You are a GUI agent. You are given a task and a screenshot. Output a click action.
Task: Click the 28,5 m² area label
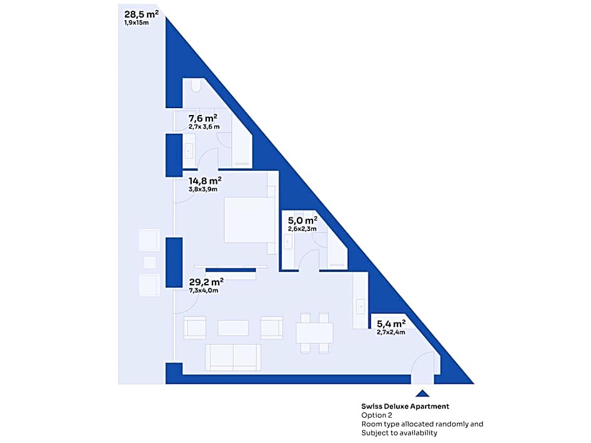141,14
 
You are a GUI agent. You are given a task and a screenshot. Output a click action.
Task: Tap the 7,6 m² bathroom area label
203,118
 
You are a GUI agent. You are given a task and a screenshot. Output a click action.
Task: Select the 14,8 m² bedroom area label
205,181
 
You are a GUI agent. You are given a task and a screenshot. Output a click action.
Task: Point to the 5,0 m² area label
302,221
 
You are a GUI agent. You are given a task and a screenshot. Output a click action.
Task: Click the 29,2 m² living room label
206,282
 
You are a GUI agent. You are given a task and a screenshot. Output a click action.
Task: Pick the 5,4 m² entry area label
391,324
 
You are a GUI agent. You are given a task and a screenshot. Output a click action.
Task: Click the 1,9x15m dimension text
136,23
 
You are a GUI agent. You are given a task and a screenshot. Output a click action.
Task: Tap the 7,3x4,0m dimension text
204,290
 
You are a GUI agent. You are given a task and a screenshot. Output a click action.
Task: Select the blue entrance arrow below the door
423,393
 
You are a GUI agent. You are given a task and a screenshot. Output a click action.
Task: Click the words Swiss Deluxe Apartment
405,407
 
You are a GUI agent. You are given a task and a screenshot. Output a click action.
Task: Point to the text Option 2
377,415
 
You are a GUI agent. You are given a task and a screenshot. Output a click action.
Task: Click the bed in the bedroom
250,220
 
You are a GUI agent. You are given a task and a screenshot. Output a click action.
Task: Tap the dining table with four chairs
315,332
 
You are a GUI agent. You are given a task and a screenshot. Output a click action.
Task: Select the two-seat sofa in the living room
233,357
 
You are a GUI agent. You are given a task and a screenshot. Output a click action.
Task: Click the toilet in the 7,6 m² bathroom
196,85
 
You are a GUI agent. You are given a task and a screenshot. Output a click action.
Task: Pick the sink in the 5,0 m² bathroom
289,242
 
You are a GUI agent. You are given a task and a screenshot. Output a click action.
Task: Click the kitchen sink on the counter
361,307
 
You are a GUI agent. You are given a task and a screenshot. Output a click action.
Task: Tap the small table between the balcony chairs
150,263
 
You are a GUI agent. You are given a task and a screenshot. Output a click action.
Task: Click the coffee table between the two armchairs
233,328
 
